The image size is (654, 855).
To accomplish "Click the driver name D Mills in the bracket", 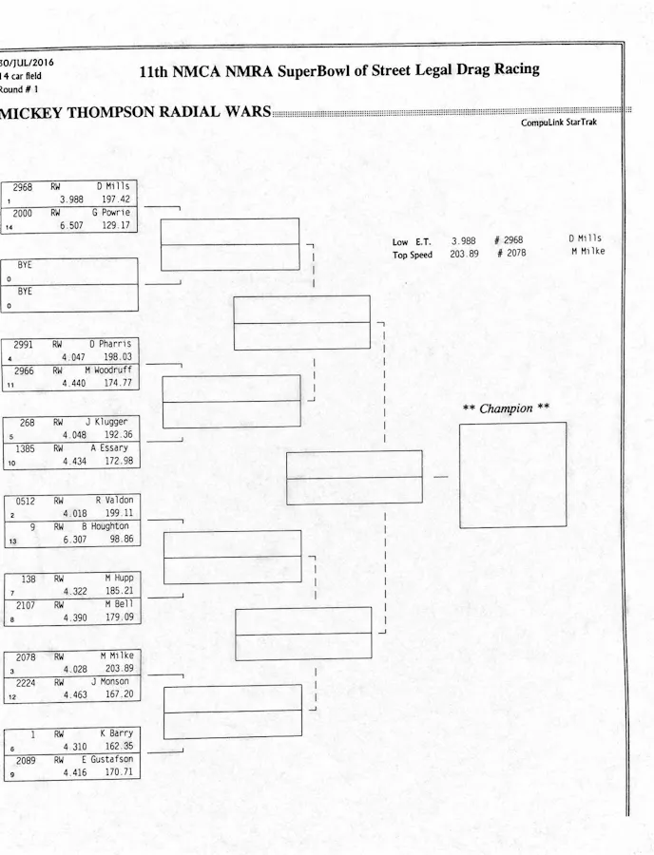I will pyautogui.click(x=113, y=187).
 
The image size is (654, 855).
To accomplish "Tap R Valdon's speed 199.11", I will pyautogui.click(x=118, y=513).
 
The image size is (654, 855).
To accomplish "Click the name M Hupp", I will pyautogui.click(x=118, y=578).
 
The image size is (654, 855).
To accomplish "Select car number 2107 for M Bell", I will pyautogui.click(x=20, y=604).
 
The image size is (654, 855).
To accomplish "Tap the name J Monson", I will pyautogui.click(x=111, y=682).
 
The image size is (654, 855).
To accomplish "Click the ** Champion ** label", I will pyautogui.click(x=506, y=409).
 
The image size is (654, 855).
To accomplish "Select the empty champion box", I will pyautogui.click(x=512, y=475).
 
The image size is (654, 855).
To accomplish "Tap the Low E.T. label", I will pyautogui.click(x=412, y=242).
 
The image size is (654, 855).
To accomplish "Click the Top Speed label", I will pyautogui.click(x=412, y=255).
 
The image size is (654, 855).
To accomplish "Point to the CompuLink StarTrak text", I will pyautogui.click(x=559, y=123).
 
